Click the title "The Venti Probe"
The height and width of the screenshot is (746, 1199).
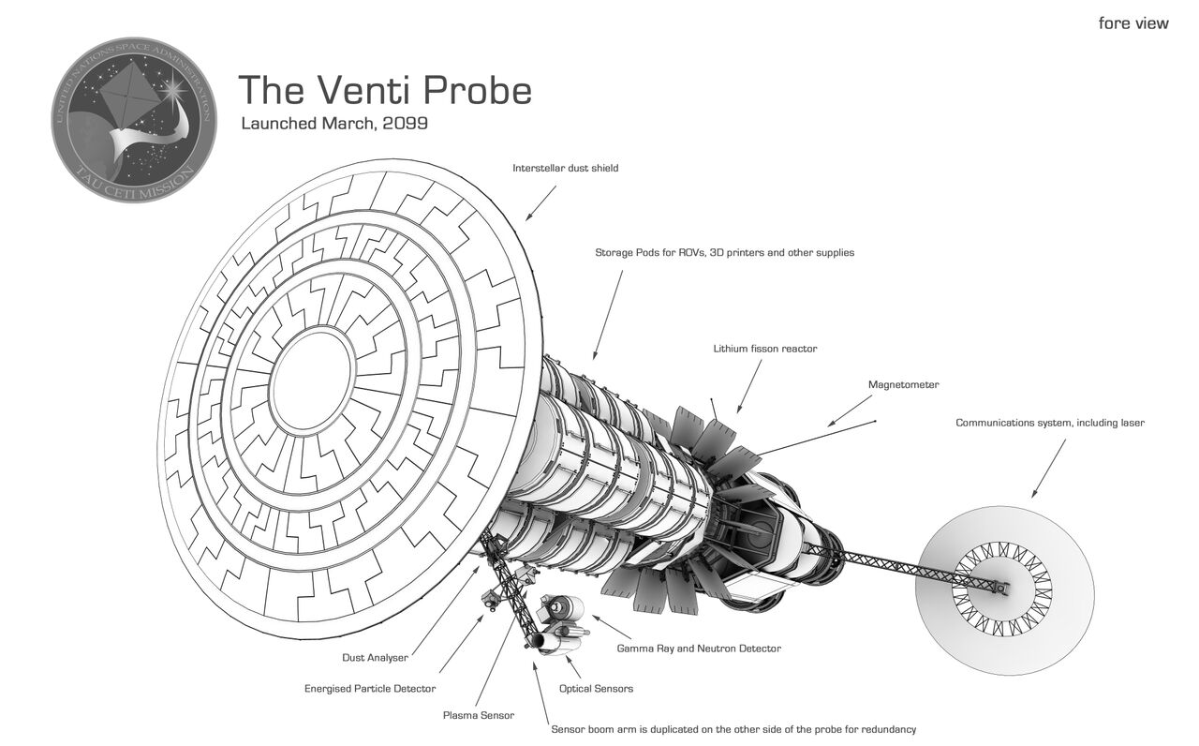385,90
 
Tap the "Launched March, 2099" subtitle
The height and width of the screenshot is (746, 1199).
334,124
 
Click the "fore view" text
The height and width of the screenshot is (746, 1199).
1133,23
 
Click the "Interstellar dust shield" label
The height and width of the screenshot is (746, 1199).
565,169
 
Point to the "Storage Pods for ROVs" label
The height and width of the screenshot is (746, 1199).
724,253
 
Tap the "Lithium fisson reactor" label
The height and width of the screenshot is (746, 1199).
764,349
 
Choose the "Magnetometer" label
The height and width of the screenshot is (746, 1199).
903,385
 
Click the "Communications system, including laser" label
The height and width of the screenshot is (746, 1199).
1049,424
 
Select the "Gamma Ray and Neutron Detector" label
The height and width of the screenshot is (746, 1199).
698,649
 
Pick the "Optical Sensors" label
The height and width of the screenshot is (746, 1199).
596,689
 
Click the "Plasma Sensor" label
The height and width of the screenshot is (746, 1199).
478,716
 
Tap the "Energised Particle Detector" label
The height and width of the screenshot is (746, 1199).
370,689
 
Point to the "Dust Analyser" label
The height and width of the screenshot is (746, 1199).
375,658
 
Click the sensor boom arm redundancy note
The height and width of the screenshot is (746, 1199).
733,729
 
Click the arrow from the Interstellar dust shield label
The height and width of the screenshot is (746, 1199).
541,202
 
